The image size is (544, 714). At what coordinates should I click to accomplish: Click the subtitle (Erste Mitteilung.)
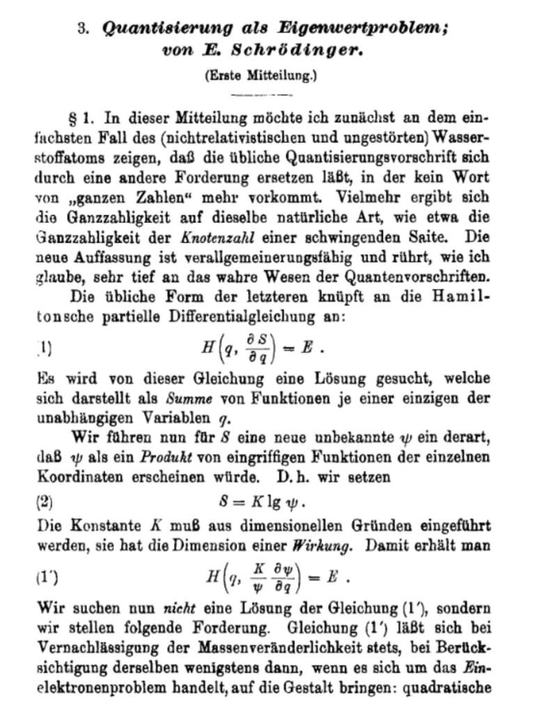click(261, 75)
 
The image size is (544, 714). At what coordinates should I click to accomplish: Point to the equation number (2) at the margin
click(45, 501)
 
